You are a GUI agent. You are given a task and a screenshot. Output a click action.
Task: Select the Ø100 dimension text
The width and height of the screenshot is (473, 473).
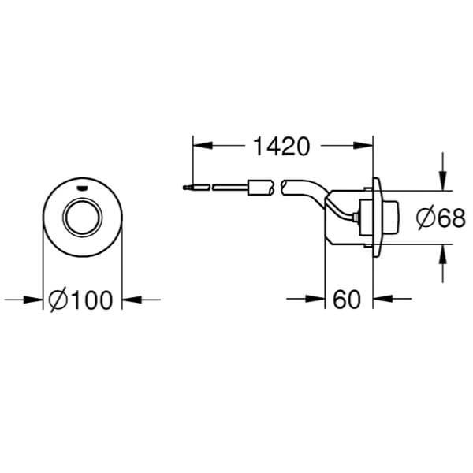[81, 300]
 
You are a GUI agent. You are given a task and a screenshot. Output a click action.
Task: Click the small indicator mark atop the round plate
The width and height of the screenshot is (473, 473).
[82, 188]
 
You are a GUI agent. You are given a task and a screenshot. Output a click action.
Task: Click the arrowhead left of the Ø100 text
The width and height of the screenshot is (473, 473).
[35, 300]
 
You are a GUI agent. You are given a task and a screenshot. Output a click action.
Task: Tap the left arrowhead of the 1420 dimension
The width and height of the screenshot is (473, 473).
[202, 146]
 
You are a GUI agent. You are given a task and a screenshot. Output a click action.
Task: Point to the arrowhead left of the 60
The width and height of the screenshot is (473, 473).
[318, 300]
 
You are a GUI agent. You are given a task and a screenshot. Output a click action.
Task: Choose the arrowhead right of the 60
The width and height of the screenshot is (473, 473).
[381, 300]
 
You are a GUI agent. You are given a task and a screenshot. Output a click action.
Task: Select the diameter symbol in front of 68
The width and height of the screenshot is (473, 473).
[423, 219]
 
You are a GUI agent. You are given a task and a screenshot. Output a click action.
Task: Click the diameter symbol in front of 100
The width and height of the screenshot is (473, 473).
[59, 300]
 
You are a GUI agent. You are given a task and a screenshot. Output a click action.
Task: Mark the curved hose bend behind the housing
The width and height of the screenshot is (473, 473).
[304, 193]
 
